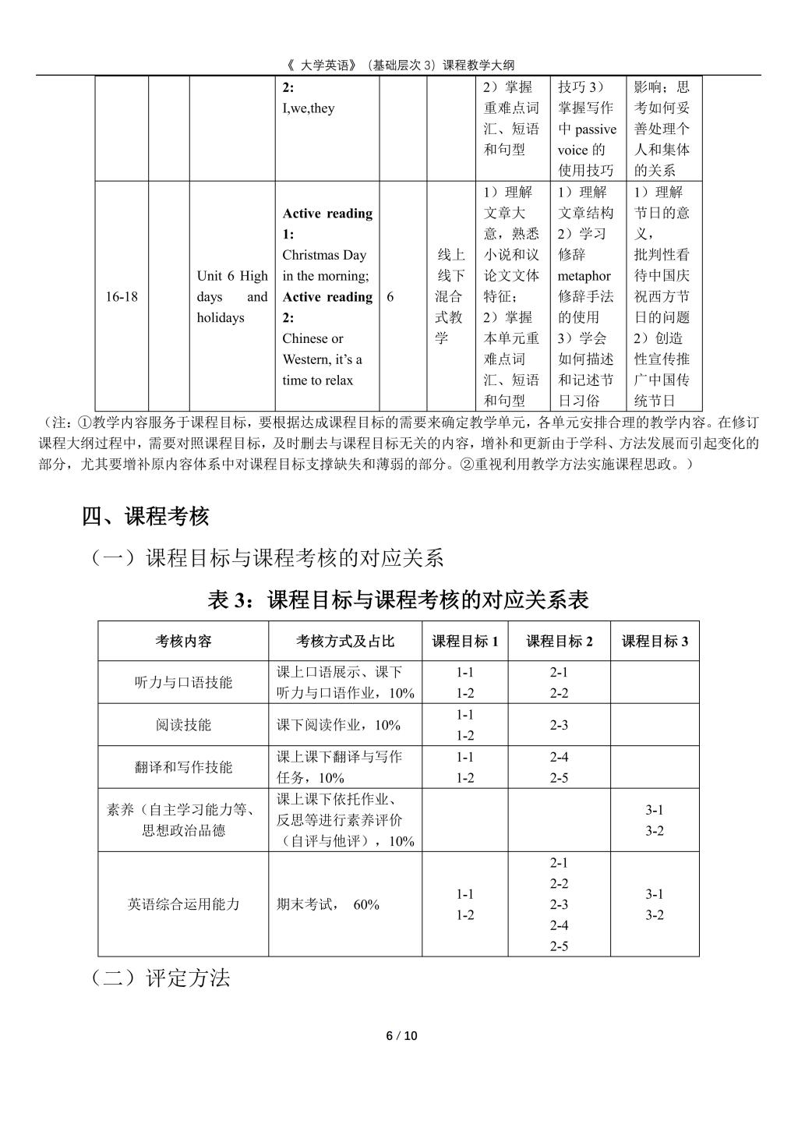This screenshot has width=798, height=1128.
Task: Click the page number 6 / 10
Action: pyautogui.click(x=402, y=1035)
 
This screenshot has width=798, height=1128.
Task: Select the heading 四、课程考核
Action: pyautogui.click(x=146, y=516)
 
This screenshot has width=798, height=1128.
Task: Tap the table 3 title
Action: pyautogui.click(x=398, y=599)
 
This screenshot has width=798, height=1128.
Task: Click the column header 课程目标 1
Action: pyautogui.click(x=465, y=642)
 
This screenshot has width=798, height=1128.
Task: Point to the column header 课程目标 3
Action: pyautogui.click(x=655, y=642)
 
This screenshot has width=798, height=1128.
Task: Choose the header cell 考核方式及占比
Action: pyautogui.click(x=345, y=642)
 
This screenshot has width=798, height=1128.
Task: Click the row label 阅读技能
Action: pyautogui.click(x=183, y=725)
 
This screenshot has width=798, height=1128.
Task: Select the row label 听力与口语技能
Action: pyautogui.click(x=183, y=683)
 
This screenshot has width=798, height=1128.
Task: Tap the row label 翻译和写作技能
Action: pyautogui.click(x=183, y=767)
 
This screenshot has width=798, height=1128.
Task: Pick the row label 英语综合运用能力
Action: pyautogui.click(x=183, y=904)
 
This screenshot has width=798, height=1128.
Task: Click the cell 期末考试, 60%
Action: pyautogui.click(x=328, y=904)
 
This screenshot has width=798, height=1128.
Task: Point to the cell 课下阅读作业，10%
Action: pyautogui.click(x=338, y=725)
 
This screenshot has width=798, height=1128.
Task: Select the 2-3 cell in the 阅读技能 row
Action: pyautogui.click(x=559, y=725)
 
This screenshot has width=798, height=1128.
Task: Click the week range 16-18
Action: pyautogui.click(x=122, y=297)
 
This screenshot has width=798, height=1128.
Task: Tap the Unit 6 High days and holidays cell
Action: pyautogui.click(x=231, y=297)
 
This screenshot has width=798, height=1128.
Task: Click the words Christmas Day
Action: pyautogui.click(x=324, y=255)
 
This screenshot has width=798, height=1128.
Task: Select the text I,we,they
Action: pyautogui.click(x=309, y=108)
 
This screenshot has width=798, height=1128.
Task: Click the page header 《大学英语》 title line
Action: pyautogui.click(x=398, y=65)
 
